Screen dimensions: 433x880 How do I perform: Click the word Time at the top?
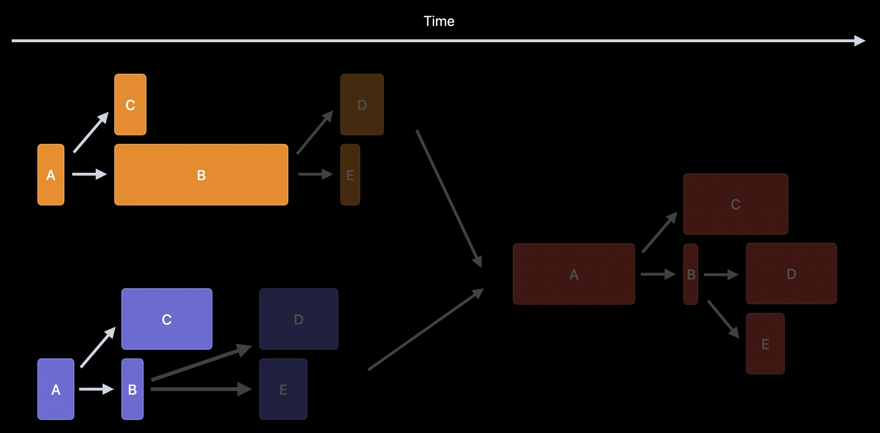pos(439,21)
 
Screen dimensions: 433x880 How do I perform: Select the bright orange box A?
pos(51,175)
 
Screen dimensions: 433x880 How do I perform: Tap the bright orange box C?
pos(130,105)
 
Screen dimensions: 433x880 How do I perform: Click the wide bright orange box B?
pos(201,175)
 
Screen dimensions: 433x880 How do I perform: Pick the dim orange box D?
pos(362,105)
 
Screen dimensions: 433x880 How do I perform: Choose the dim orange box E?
pos(350,175)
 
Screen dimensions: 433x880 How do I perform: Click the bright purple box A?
pos(56,389)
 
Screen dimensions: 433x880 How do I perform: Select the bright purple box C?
pos(167,319)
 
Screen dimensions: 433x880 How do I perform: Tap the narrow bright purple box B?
pos(132,389)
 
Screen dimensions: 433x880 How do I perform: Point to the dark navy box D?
pos(299,319)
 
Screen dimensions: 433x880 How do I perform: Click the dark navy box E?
pos(283,389)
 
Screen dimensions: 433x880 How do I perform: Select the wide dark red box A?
pos(574,274)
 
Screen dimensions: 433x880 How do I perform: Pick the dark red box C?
pos(736,204)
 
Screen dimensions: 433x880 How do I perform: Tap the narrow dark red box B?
pos(691,274)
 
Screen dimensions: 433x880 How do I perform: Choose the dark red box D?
pos(791,273)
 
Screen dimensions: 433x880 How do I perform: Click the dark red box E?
pos(765,343)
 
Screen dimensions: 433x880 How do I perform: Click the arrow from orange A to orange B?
pos(89,174)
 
